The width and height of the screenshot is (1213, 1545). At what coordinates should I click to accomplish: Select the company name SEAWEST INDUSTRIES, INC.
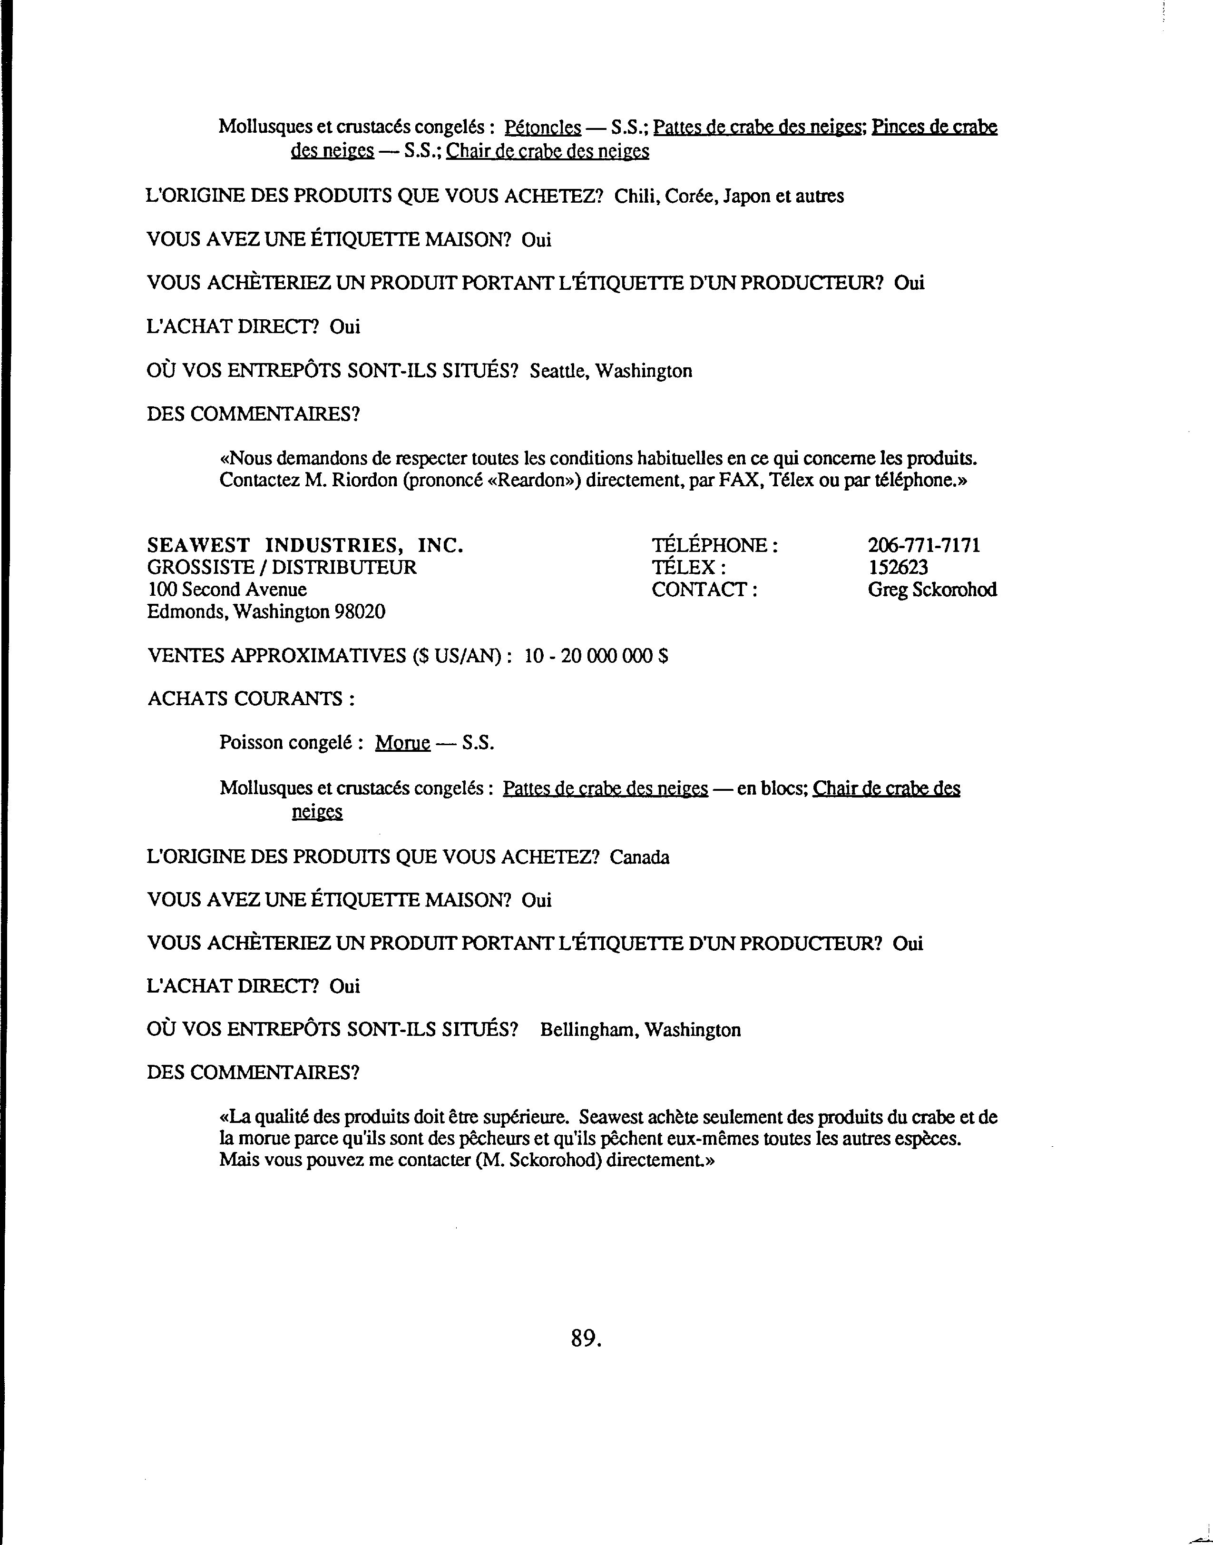(305, 546)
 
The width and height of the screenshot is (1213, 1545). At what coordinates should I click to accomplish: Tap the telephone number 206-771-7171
(923, 546)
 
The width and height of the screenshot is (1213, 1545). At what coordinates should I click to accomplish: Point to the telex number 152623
(898, 568)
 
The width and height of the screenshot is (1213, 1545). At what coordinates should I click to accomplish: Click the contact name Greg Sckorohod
(932, 590)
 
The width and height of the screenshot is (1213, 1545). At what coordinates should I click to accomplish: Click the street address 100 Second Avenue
(227, 590)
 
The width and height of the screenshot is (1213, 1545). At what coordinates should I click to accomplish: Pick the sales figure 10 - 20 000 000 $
(596, 656)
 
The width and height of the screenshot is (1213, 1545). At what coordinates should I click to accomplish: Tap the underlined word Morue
(403, 743)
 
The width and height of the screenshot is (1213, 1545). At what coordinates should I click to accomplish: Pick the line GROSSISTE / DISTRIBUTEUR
(282, 568)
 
